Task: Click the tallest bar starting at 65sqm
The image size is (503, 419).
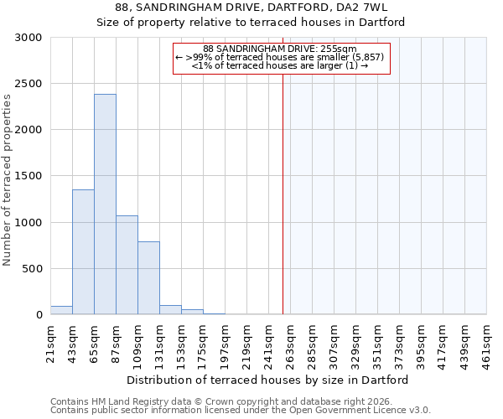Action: pyautogui.click(x=105, y=204)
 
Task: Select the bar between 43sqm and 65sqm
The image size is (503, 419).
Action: pyautogui.click(x=83, y=251)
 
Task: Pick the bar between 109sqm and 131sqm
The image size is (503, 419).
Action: pyautogui.click(x=148, y=277)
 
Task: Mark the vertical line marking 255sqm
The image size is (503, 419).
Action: pyautogui.click(x=283, y=193)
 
